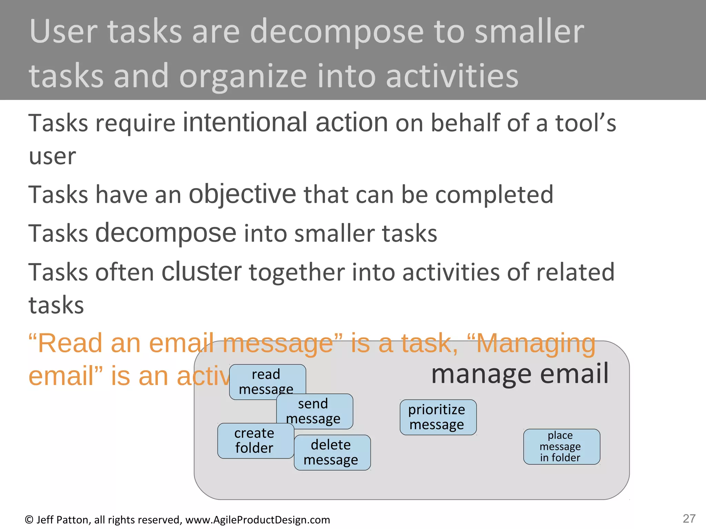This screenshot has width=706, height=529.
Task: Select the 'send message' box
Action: [x=314, y=411]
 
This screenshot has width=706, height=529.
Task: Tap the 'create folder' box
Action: [x=255, y=440]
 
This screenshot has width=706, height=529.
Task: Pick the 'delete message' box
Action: [x=332, y=452]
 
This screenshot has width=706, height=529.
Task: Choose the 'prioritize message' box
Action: [x=438, y=417]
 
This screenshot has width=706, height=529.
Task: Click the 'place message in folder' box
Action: [x=561, y=446]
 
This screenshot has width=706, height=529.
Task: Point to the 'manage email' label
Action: [x=520, y=374]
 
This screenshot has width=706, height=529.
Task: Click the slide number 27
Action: [x=689, y=518]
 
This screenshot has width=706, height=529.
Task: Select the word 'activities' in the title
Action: [x=452, y=76]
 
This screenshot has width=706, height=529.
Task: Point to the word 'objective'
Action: [x=242, y=195]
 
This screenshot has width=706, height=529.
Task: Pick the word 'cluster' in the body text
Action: [x=202, y=272]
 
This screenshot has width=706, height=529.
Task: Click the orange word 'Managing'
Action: [x=536, y=344]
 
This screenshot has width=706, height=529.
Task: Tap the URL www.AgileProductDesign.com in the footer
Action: [x=258, y=520]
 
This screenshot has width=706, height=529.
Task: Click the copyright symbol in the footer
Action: [x=29, y=520]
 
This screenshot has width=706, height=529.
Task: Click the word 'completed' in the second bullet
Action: [x=494, y=195]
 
